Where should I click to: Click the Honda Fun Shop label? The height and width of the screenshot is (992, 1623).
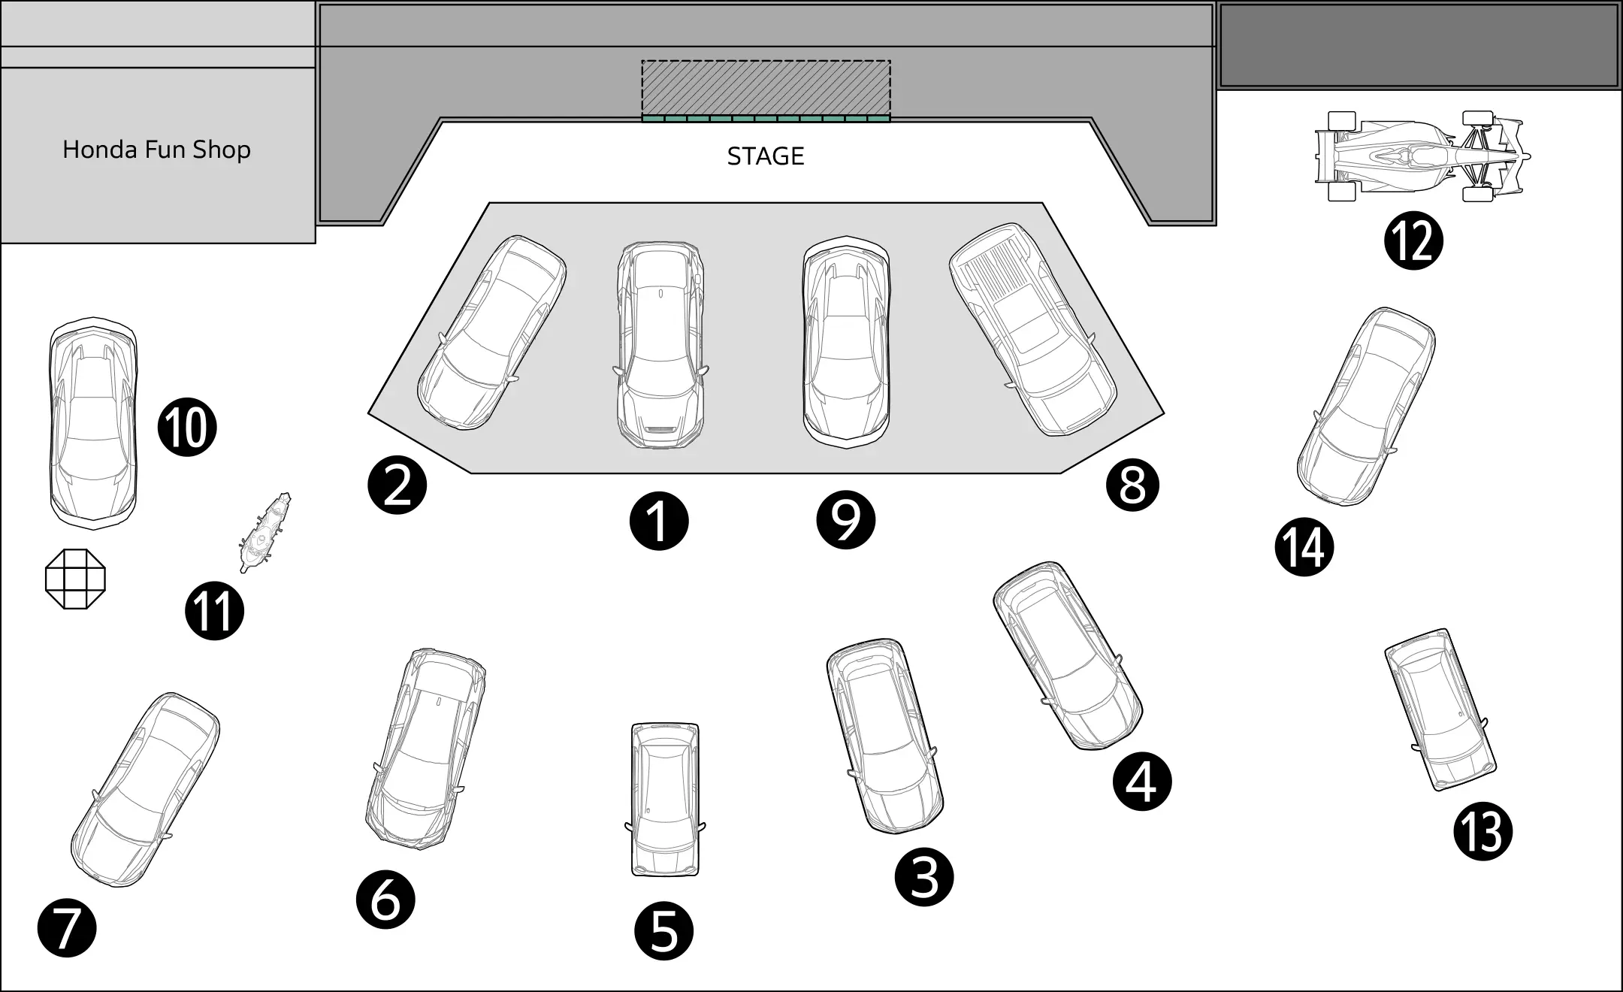pos(156,150)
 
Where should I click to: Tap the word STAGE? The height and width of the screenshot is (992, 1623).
pos(766,156)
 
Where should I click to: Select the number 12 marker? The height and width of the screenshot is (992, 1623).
pos(1413,241)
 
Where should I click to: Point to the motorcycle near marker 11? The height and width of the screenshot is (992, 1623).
pos(265,532)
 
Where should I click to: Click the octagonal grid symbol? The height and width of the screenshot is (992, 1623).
pos(75,579)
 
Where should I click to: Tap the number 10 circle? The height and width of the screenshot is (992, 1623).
pos(187,428)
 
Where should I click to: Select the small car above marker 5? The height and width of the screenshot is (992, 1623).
pos(665,799)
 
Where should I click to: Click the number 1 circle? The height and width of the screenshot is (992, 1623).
pos(659,521)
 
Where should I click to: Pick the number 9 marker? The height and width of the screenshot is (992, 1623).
pos(846,519)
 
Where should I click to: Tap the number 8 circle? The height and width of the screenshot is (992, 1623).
pos(1132,485)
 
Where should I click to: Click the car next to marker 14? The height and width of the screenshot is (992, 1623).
pos(1366,406)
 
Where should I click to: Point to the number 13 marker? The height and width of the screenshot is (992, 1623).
pos(1482,832)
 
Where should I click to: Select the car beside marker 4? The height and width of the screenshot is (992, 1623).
pos(1067,655)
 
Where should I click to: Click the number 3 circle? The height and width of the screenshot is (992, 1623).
pos(924,877)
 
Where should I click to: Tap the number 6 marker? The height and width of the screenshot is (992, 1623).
pos(385,900)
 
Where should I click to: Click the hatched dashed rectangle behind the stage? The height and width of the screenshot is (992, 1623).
pos(766,88)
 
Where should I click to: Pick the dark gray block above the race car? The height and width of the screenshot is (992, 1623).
pos(1419,45)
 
